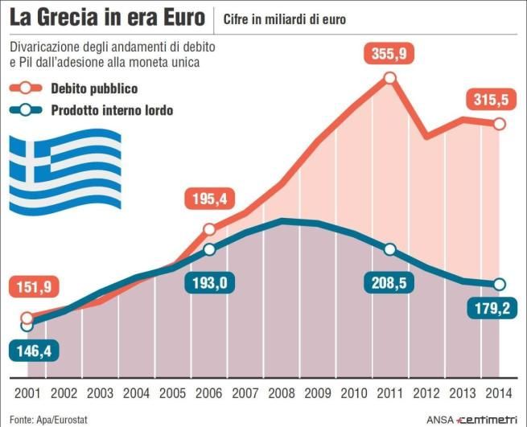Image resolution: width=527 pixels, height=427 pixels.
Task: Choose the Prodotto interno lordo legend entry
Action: (x=129, y=110)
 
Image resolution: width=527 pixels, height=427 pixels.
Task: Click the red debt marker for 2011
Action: (x=390, y=78)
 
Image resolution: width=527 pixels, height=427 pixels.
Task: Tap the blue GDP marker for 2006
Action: (x=209, y=250)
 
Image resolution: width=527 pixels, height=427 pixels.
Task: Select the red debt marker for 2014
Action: (x=499, y=124)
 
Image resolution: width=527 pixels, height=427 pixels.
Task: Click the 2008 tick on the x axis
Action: (x=281, y=393)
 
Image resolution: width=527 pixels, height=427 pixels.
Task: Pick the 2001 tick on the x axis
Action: (x=28, y=393)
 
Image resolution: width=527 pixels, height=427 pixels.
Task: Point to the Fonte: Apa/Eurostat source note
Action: (x=43, y=418)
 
